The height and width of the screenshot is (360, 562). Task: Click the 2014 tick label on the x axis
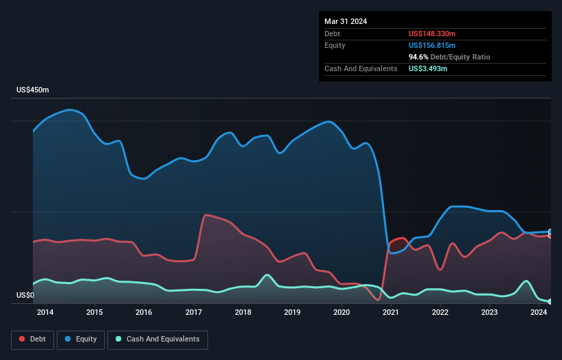(45, 313)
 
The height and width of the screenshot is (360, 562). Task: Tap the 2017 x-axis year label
(194, 313)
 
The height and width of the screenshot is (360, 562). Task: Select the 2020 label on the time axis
(342, 313)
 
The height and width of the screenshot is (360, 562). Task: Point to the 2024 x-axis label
(539, 313)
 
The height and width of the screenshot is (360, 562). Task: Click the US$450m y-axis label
(33, 90)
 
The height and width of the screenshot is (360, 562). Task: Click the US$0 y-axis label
(25, 296)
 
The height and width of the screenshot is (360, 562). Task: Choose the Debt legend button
(31, 339)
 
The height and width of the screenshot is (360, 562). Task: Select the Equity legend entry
(80, 339)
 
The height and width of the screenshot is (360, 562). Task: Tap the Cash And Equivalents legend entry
(157, 339)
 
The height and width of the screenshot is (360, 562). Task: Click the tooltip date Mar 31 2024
(346, 21)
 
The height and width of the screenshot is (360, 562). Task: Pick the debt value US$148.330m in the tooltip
(436, 34)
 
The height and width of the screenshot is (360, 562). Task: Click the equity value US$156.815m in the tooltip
(432, 45)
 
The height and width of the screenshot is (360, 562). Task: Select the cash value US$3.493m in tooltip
(428, 68)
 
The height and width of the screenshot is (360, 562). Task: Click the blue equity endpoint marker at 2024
(550, 232)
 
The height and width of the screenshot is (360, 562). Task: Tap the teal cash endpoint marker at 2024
(550, 301)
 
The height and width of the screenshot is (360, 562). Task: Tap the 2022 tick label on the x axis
(440, 313)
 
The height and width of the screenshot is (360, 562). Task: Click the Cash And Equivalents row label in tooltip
(361, 68)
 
